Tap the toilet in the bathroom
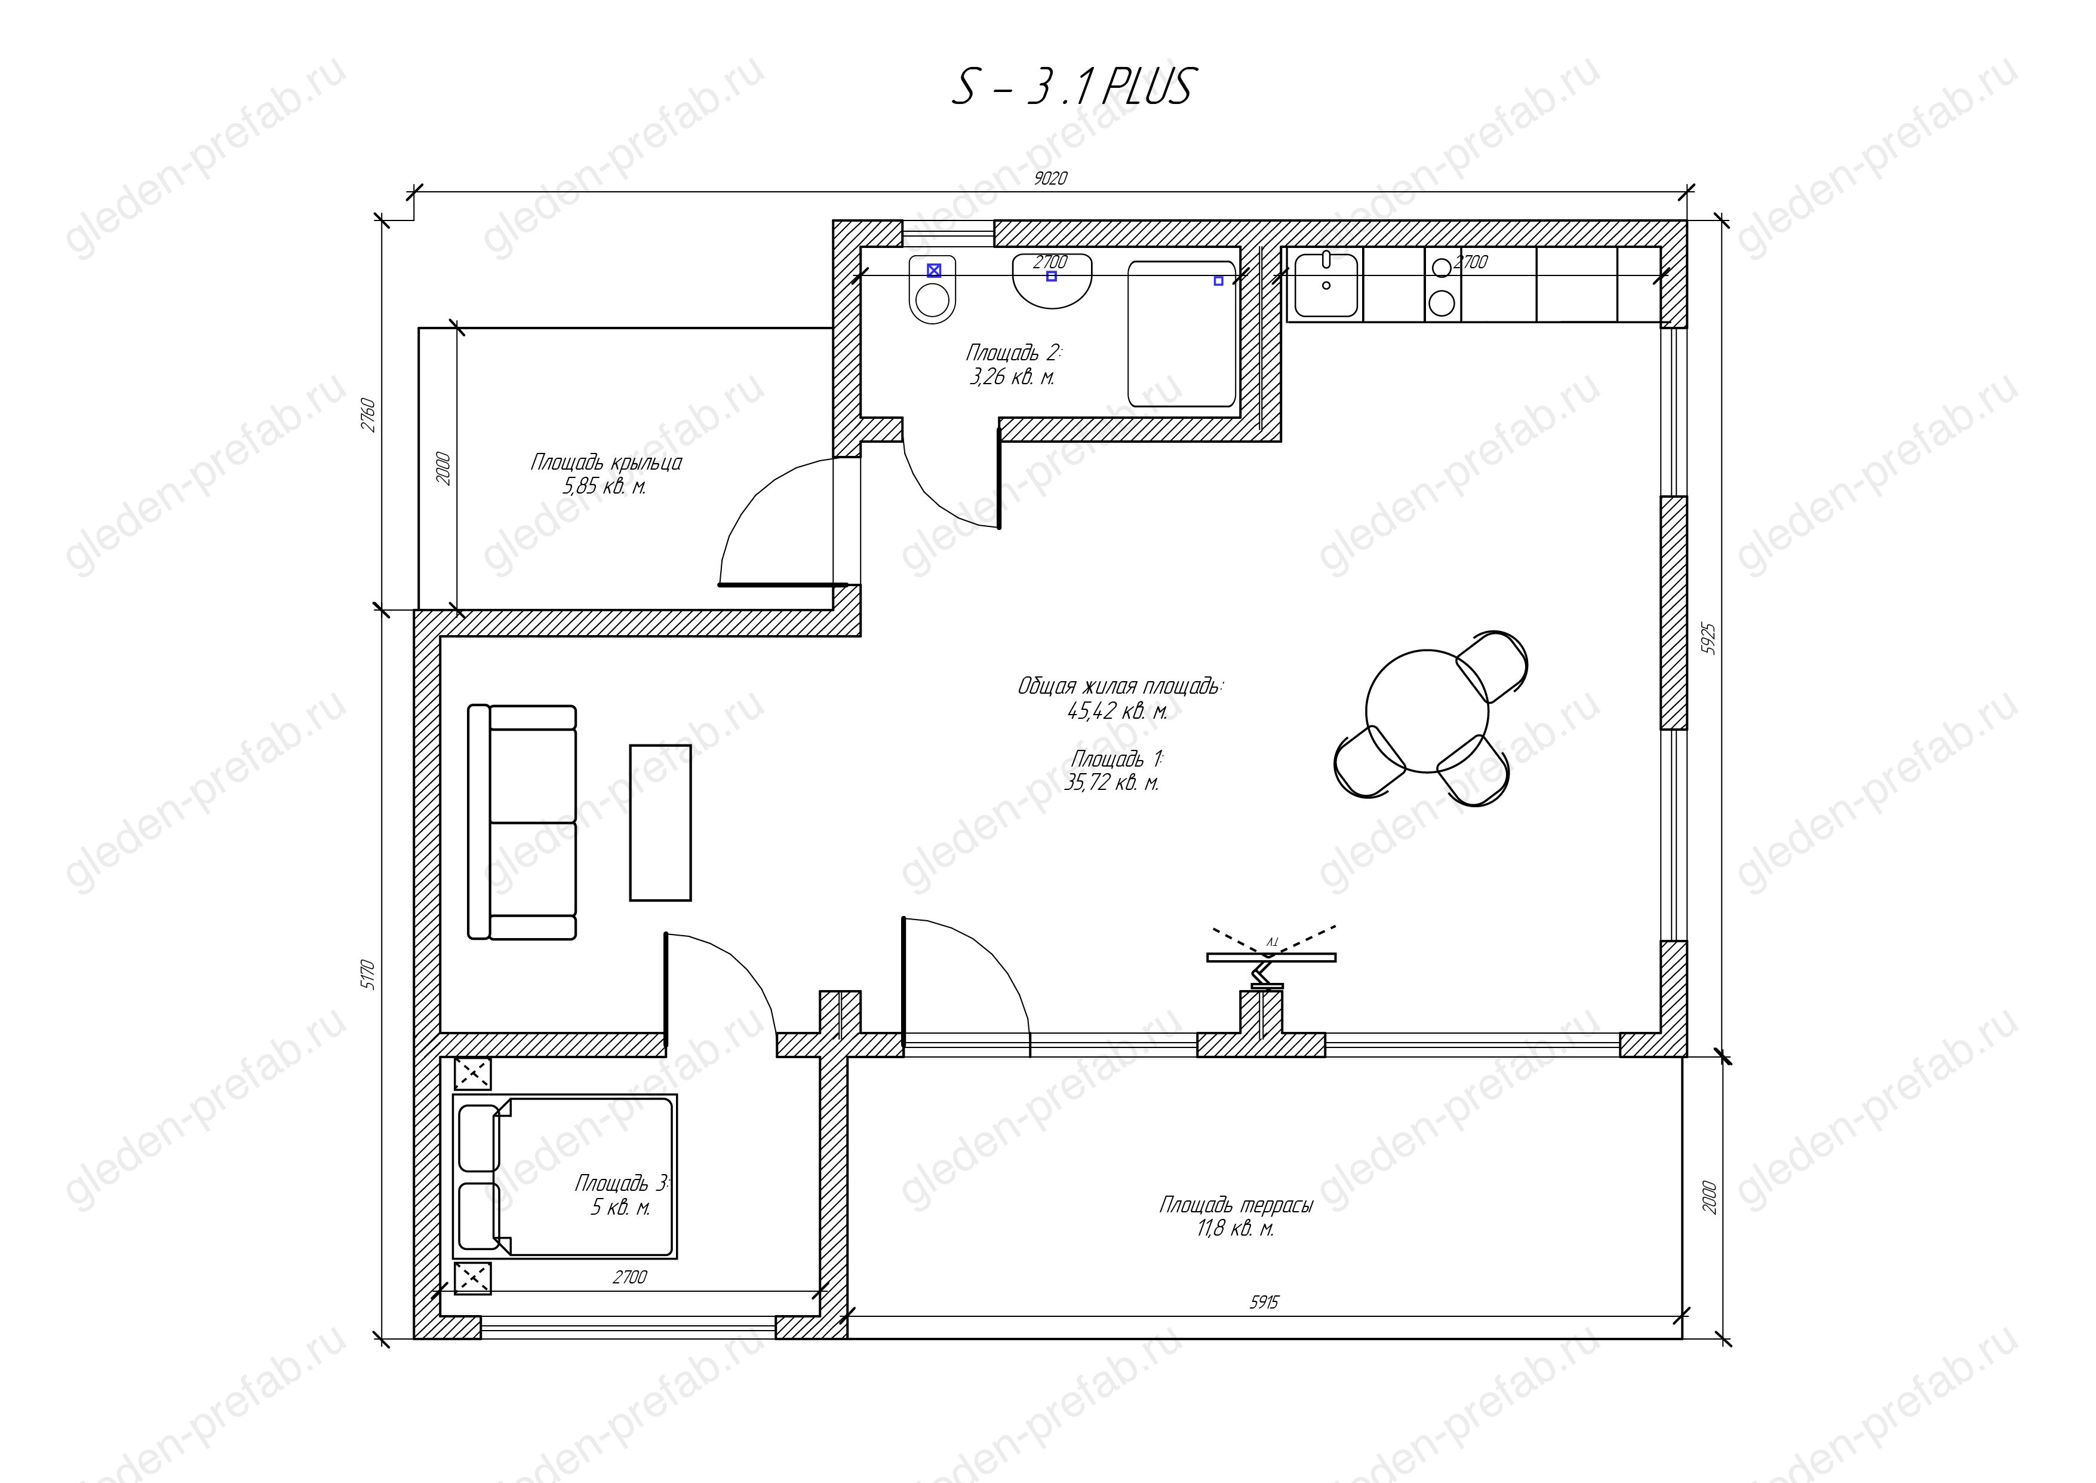coord(932,289)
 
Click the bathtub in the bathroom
coord(1182,334)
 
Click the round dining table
coord(1427,710)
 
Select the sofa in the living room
coord(522,822)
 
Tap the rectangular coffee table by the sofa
coord(660,822)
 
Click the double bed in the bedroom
coord(565,1176)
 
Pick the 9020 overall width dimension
coord(1050,179)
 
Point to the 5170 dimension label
coord(367,975)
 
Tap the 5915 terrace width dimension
coord(1264,1302)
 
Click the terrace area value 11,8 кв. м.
coord(1235,1229)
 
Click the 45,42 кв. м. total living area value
coord(1117,712)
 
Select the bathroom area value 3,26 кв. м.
coord(1012,376)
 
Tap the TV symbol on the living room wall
coord(1271,957)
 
